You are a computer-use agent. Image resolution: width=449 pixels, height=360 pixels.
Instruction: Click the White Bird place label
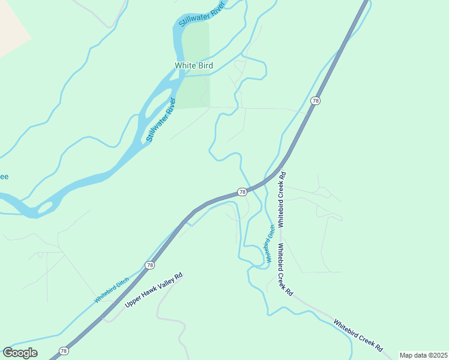click(193, 65)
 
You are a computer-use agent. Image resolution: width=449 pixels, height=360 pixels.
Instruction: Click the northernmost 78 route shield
click(315, 101)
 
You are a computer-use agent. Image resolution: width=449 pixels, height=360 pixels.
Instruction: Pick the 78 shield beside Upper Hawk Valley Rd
click(149, 265)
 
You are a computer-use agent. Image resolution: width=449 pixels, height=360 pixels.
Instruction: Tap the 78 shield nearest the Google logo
click(63, 350)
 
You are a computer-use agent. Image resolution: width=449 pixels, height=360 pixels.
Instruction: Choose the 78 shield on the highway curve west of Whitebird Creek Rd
click(241, 192)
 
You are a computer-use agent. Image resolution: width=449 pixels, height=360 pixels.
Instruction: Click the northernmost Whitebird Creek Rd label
click(281, 199)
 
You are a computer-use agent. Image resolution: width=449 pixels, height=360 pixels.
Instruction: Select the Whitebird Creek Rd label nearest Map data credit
click(358, 336)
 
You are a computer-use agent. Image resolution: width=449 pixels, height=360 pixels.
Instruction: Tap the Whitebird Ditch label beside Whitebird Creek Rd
click(269, 244)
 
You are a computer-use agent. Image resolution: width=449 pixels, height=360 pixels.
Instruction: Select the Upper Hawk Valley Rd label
click(153, 291)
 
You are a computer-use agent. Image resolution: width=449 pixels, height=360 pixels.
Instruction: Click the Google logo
click(20, 353)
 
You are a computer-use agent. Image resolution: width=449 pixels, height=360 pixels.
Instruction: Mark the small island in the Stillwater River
click(44, 208)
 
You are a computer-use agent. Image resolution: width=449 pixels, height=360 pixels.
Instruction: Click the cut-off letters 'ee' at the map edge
click(4, 176)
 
